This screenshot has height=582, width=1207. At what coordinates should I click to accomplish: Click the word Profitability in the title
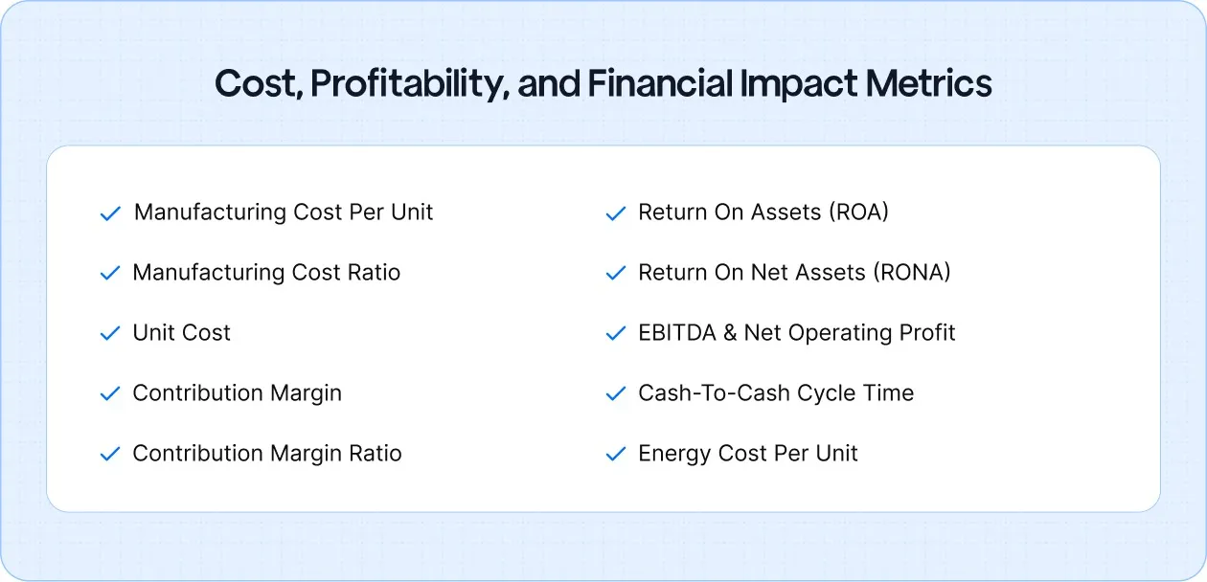pyautogui.click(x=407, y=85)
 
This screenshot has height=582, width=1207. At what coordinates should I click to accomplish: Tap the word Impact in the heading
pyautogui.click(x=797, y=84)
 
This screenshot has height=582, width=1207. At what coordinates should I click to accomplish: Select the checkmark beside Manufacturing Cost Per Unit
pyautogui.click(x=110, y=213)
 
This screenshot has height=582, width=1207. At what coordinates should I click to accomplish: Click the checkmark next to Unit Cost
pyautogui.click(x=110, y=334)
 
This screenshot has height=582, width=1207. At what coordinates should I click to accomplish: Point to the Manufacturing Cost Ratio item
pyautogui.click(x=265, y=273)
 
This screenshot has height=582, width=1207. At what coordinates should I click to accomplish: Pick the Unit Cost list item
pyautogui.click(x=181, y=333)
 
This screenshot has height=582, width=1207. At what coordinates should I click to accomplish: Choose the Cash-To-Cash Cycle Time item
pyautogui.click(x=775, y=393)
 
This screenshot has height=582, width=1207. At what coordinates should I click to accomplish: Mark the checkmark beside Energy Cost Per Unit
pyautogui.click(x=616, y=455)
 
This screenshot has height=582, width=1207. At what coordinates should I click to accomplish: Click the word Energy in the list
pyautogui.click(x=672, y=454)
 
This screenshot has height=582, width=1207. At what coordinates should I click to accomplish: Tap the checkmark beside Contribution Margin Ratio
pyautogui.click(x=110, y=455)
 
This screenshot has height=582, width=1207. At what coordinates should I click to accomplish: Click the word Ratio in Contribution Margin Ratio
pyautogui.click(x=375, y=454)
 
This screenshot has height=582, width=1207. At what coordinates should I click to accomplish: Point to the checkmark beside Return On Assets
pyautogui.click(x=616, y=213)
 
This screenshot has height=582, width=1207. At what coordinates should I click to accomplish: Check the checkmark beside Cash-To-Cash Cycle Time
pyautogui.click(x=616, y=394)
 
